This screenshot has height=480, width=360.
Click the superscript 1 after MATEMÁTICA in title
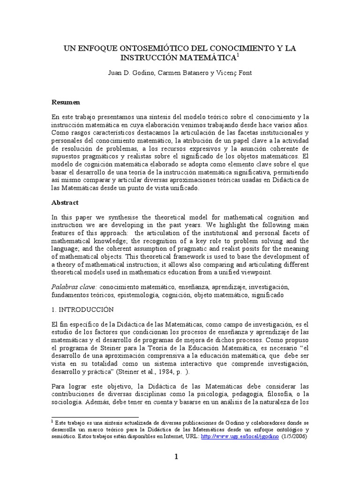238,55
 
